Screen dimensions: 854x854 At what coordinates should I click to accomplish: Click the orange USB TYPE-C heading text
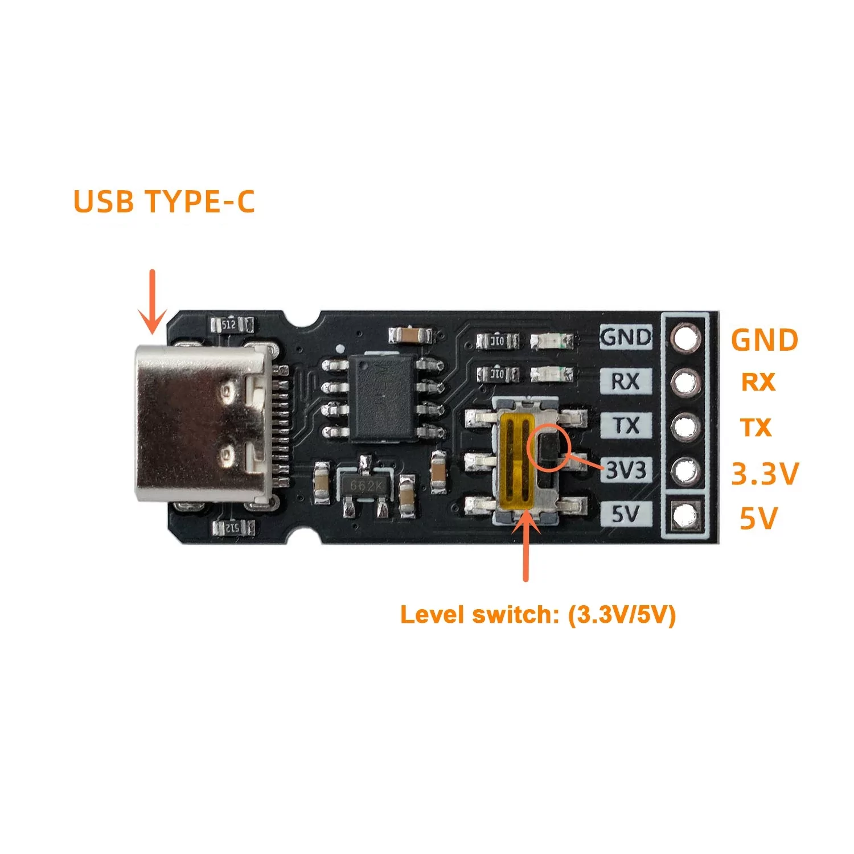(x=164, y=202)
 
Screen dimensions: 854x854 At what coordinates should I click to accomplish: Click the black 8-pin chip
(x=381, y=397)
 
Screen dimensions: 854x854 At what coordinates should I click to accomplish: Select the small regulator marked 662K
(x=365, y=486)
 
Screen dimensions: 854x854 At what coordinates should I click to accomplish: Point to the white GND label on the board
(x=626, y=338)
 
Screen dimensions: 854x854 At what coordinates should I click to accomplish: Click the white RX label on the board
(x=626, y=381)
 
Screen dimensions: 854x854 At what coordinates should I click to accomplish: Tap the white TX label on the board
(x=626, y=425)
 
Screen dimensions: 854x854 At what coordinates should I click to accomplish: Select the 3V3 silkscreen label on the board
(x=626, y=470)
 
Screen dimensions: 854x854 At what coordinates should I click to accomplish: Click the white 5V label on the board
(x=626, y=514)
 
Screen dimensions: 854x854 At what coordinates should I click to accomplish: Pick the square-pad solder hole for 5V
(x=685, y=515)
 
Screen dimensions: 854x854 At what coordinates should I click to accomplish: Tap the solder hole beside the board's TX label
(x=685, y=426)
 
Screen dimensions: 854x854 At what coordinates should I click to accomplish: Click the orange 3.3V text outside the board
(x=765, y=474)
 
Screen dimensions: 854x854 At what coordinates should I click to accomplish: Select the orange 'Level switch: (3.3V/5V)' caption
(x=537, y=615)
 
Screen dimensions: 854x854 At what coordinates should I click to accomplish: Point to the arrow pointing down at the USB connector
(x=153, y=302)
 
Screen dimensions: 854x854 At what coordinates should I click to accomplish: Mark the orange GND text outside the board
(x=765, y=340)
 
